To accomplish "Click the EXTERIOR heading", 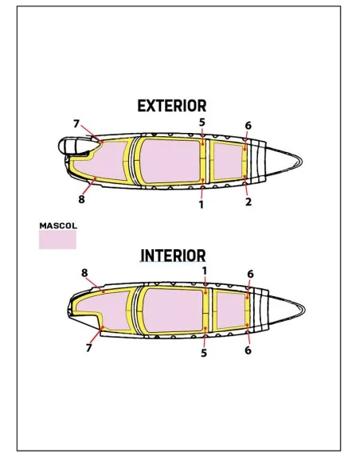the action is pos(172,106).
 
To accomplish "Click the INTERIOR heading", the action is pos(173,256).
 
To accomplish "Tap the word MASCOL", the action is pos(58,225).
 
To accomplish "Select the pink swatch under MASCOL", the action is pos(57,240).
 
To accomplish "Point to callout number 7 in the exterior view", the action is pos(76,123).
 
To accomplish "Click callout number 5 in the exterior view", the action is pos(202,122).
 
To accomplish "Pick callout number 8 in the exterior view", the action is pos(81,199).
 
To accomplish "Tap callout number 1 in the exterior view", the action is pos(202,205).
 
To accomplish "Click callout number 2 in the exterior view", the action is pos(248,201).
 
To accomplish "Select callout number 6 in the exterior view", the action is pos(248,126).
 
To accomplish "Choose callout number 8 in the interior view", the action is pos(84,273).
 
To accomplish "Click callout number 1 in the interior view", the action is pos(205,271).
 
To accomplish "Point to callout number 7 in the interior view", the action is pos(88,348).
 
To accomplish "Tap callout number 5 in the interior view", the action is pos(204,354).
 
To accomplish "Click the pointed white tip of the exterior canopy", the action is pos(302,161).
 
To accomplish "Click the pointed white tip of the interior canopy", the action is pos(304,310).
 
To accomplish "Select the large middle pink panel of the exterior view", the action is pos(170,160).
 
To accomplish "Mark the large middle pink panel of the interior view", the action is pos(173,310).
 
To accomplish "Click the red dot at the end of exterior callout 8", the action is pos(96,178).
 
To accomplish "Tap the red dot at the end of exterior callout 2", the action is pos(245,177).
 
